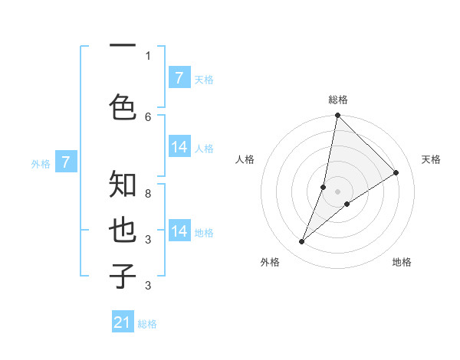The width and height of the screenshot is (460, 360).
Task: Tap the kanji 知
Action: click(123, 185)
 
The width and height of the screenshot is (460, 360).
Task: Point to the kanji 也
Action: click(123, 231)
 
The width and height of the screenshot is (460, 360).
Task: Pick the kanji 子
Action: click(123, 277)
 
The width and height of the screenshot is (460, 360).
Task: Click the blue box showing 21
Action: click(123, 322)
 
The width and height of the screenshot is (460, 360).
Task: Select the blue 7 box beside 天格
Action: click(179, 78)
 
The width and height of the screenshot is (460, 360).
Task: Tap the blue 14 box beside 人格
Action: click(179, 147)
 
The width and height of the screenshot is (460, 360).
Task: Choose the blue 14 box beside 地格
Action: click(179, 231)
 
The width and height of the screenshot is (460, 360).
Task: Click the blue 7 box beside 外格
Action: click(66, 162)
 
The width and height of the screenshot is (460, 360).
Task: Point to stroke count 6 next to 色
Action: click(148, 116)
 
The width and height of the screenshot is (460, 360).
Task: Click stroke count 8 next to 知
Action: click(148, 185)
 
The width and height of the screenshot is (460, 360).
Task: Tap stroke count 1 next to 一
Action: click(148, 56)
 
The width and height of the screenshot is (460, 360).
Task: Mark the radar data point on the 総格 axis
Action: click(337, 116)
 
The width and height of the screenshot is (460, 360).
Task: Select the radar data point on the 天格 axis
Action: click(396, 173)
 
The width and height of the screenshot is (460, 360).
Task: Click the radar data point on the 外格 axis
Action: click(302, 242)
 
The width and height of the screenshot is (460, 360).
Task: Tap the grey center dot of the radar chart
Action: click(337, 191)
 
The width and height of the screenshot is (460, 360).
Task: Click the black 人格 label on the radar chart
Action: click(245, 159)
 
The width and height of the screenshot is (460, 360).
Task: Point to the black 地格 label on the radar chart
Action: click(402, 262)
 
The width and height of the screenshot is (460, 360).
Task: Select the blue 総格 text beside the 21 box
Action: click(147, 324)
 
